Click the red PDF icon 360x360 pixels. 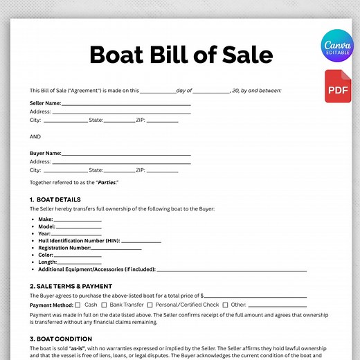[x=337, y=86]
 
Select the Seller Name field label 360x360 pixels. [x=45, y=103]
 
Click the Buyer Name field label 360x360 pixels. [x=46, y=153]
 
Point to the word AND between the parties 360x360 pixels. [x=35, y=136]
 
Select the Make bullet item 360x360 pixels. [x=45, y=219]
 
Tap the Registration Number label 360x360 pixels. [x=64, y=247]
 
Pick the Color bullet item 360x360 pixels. [x=46, y=255]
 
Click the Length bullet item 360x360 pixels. [x=48, y=262]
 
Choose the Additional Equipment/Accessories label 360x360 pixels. [x=96, y=269]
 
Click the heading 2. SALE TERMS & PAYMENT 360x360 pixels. [x=71, y=286]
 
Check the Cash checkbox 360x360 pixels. [x=78, y=305]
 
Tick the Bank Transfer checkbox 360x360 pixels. [x=102, y=305]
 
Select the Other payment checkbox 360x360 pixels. [x=224, y=305]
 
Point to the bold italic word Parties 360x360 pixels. [x=107, y=182]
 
